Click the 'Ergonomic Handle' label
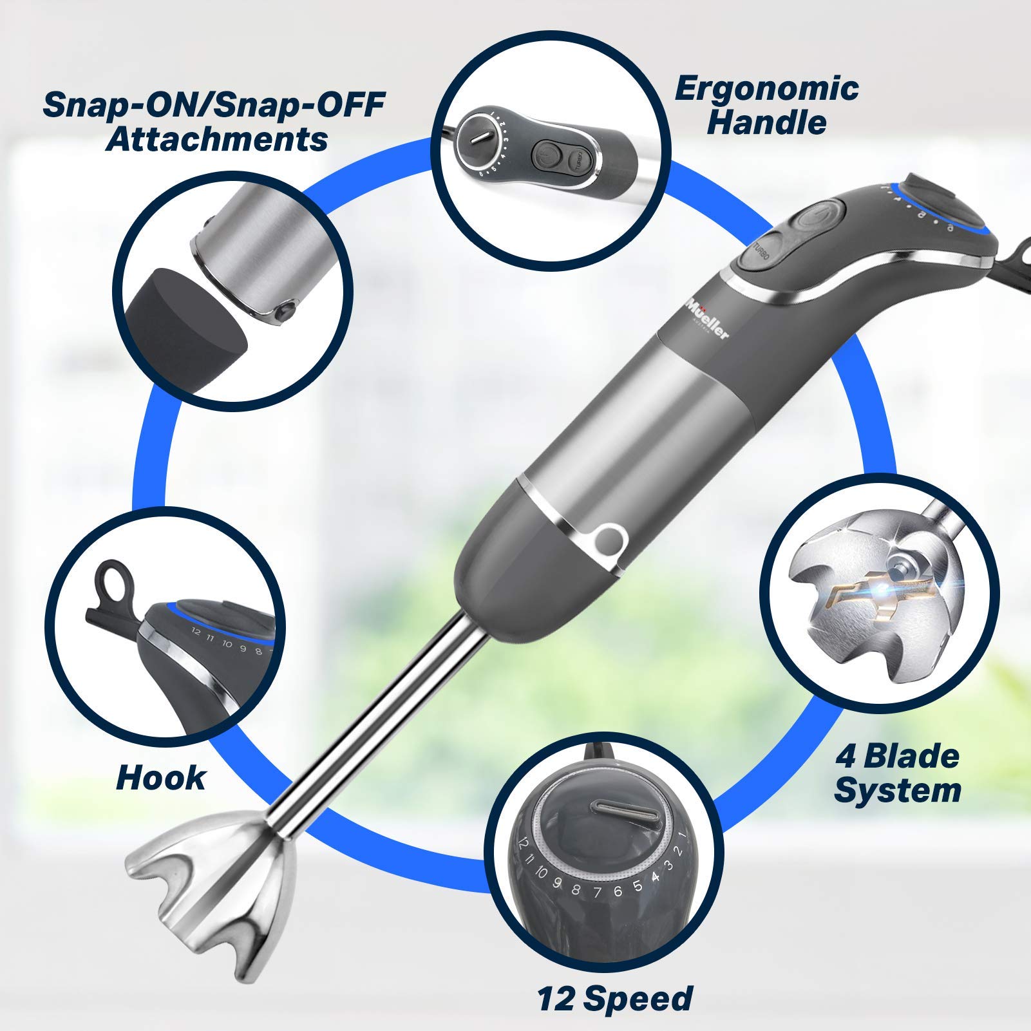pyautogui.click(x=766, y=106)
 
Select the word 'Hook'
pyautogui.click(x=160, y=777)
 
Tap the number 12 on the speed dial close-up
pyautogui.click(x=523, y=843)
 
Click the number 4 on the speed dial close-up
pyautogui.click(x=656, y=876)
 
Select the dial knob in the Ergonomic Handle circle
pyautogui.click(x=481, y=137)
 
